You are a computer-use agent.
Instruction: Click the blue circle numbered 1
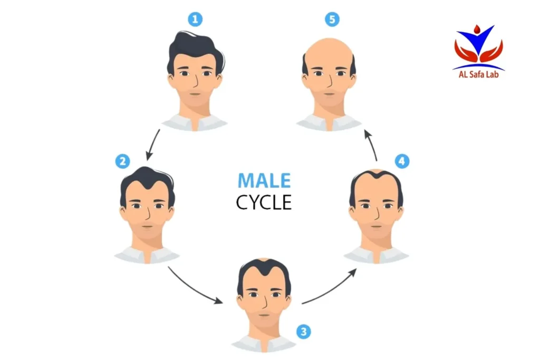pos(195,20)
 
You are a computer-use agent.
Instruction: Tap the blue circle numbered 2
pos(122,161)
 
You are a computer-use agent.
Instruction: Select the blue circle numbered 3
pos(303,332)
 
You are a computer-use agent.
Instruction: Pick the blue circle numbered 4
pos(402,161)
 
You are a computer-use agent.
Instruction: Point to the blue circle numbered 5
pos(332,20)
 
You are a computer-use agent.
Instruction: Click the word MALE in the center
pos(264,181)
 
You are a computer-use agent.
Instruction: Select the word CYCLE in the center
pos(264,202)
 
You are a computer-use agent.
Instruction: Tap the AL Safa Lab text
pos(478,74)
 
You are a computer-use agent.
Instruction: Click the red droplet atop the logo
pos(477,29)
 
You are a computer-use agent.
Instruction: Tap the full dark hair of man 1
pos(195,48)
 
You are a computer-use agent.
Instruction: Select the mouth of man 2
pos(148,227)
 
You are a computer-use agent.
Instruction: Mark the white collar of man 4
pos(376,255)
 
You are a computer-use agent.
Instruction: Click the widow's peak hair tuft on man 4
pos(377,174)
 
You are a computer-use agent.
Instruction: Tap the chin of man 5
pos(329,102)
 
